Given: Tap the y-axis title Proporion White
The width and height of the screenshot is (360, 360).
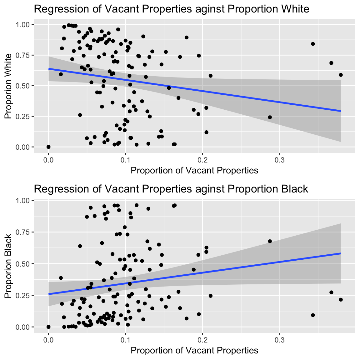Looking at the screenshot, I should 8,86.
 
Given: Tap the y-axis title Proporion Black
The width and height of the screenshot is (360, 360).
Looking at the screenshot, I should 8,266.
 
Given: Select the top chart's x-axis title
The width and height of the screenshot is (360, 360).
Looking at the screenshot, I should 194,170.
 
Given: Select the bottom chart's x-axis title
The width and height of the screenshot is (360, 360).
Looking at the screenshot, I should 194,350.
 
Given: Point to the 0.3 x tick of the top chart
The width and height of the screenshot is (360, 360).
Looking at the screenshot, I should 279,159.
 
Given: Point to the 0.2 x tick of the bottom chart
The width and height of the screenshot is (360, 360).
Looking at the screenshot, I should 202,339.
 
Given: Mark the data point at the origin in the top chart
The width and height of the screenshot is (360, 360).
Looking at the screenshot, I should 48,147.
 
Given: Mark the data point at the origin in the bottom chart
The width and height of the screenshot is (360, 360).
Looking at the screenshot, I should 48,327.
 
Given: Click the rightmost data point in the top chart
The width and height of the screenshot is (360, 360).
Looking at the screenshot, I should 341,75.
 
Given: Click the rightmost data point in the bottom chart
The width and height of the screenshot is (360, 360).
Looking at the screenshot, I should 341,300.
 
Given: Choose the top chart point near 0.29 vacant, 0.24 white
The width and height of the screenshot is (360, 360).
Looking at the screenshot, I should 270,117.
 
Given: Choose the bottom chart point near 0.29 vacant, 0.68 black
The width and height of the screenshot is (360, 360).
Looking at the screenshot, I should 270,241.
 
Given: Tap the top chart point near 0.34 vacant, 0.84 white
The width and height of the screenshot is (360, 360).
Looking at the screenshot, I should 313,44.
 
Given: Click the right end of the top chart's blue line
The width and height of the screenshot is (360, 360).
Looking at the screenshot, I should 340,111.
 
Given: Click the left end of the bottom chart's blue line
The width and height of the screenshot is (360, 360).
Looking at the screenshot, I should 49,294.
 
